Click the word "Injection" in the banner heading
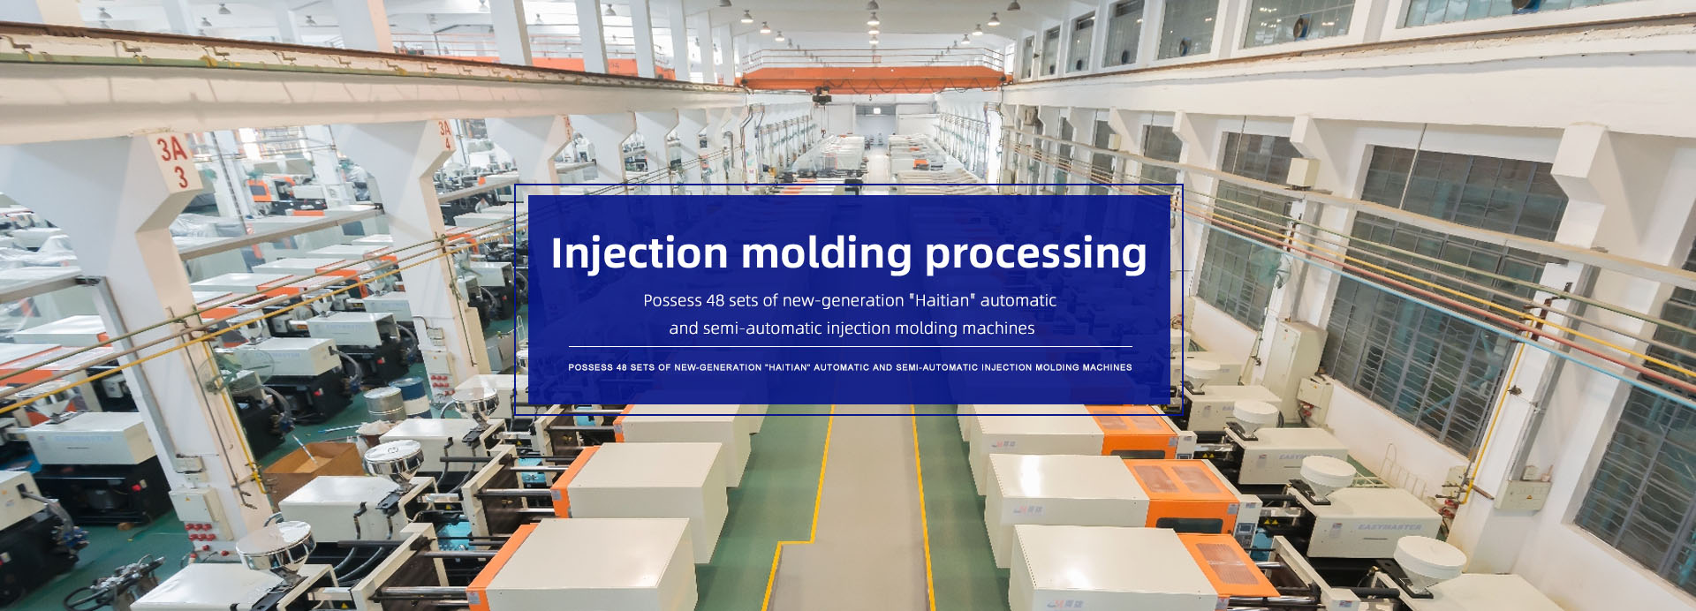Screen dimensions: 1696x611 (639, 253)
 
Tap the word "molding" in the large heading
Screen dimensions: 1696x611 (827, 253)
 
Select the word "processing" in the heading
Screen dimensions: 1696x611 (1036, 253)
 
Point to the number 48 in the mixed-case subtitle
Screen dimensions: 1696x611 (715, 300)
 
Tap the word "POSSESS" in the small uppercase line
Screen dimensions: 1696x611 (591, 367)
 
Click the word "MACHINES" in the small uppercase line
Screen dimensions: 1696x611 (1108, 367)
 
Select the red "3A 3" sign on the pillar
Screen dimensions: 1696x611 (174, 162)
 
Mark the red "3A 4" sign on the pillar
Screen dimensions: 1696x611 (446, 135)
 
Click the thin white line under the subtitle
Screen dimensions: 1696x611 (850, 347)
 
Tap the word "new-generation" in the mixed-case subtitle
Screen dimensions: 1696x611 (843, 301)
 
